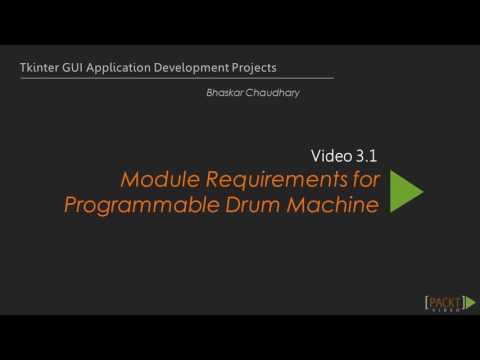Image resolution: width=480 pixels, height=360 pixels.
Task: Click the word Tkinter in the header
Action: pos(39,68)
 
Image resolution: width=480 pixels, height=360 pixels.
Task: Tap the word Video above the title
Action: pos(328,155)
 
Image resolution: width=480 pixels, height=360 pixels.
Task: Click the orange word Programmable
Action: pos(137,206)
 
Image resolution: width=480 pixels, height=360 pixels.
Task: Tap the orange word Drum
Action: pos(252,206)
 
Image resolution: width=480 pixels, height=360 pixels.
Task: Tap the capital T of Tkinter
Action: pos(23,68)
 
